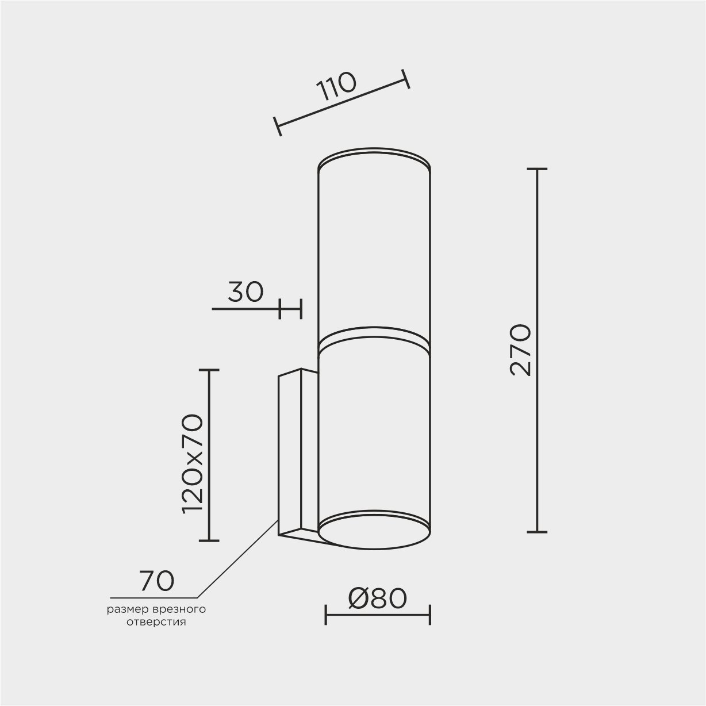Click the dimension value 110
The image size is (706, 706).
coord(336,86)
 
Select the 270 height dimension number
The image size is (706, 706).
coord(520,350)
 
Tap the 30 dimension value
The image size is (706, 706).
coord(245,292)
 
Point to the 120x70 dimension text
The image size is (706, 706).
coord(192,464)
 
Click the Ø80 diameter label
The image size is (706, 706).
coord(377,598)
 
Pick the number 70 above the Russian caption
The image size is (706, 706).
coord(156,581)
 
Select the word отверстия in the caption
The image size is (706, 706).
coord(156,622)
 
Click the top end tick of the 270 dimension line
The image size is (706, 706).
coord(537,169)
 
